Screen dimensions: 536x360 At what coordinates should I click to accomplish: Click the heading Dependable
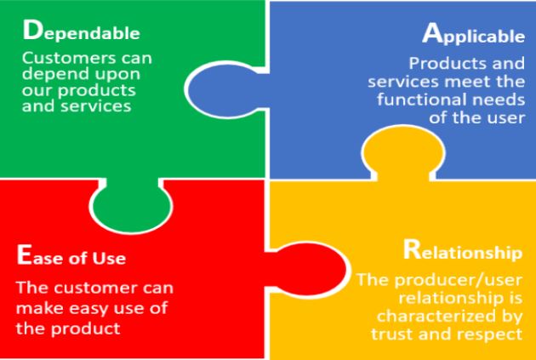(82, 31)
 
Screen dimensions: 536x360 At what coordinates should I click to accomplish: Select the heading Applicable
(473, 35)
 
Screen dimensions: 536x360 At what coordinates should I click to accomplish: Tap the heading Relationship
(463, 251)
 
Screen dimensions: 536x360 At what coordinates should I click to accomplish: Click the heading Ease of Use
(71, 256)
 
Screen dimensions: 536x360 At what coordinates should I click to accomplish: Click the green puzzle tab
(132, 204)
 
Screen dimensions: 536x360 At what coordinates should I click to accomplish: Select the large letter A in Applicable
(431, 34)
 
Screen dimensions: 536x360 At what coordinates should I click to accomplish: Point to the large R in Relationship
(411, 250)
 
